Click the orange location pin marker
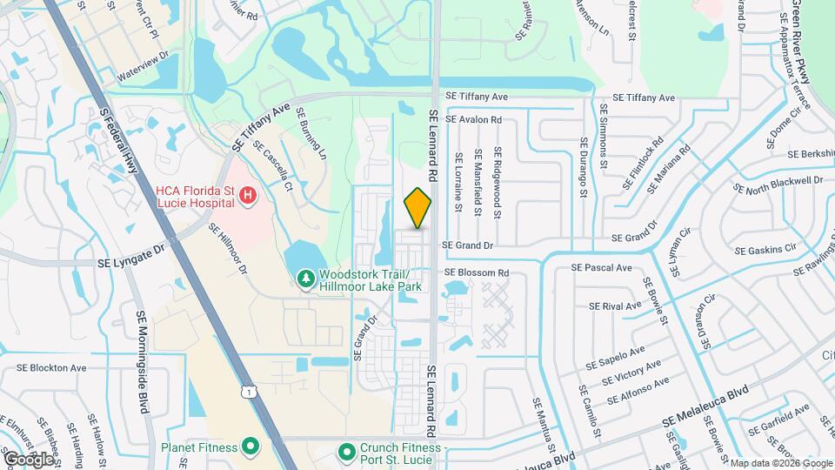(418, 207)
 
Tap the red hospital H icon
(248, 196)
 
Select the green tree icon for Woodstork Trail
(304, 279)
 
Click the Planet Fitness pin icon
(250, 448)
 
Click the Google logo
(29, 459)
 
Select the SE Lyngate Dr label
(130, 249)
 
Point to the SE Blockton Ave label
(58, 367)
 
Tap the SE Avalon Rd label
(474, 119)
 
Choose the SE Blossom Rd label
(477, 272)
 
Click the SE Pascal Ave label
(601, 267)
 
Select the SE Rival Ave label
(615, 305)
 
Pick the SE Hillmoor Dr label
(228, 249)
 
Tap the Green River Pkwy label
(801, 42)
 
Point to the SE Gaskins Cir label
(765, 250)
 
